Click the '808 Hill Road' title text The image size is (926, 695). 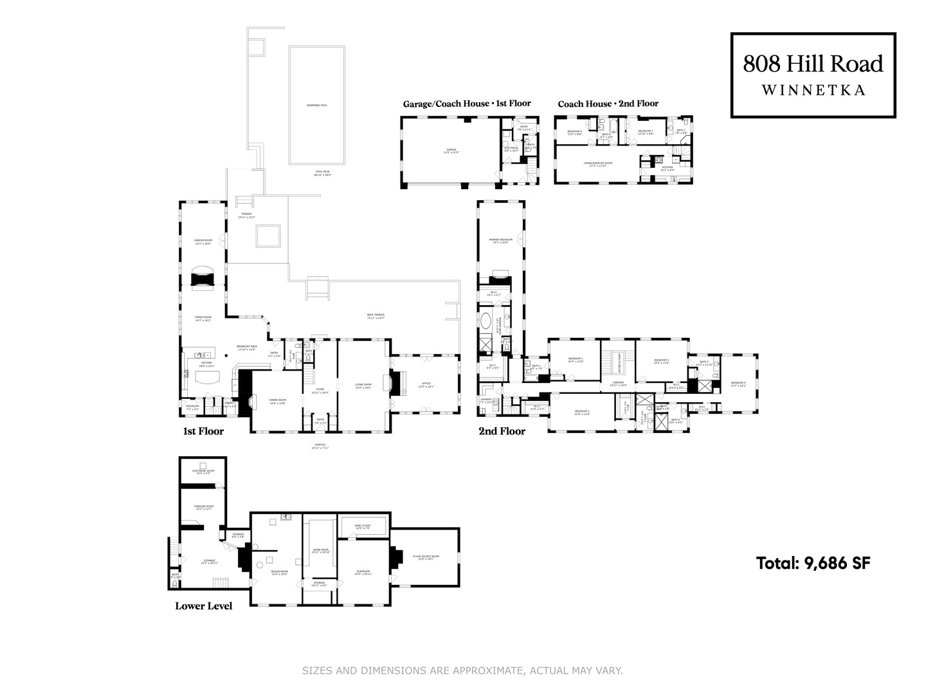point(813,64)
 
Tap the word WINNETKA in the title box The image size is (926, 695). point(813,91)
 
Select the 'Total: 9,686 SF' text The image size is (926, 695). point(813,563)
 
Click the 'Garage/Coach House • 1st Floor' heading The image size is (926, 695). point(467,104)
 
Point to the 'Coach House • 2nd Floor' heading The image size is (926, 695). point(608,104)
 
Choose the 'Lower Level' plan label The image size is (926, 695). point(203,606)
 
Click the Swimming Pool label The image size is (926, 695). point(316,105)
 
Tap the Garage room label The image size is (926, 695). point(451,151)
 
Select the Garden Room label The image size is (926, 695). point(203,242)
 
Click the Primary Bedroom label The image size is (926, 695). point(500,241)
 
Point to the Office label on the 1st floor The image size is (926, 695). point(426,385)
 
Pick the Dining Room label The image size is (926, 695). point(277,401)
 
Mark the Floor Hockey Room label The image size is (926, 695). point(426,558)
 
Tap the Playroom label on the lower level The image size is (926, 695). point(363,572)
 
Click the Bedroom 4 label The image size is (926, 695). point(738,384)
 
